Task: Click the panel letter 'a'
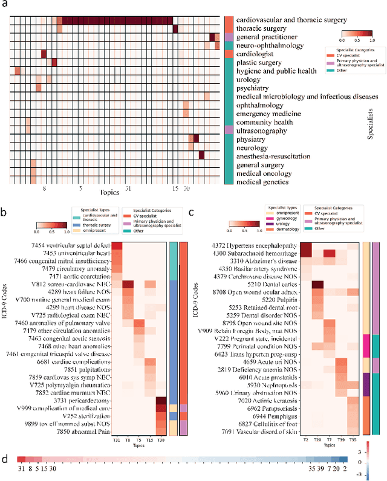click(x=5, y=5)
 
